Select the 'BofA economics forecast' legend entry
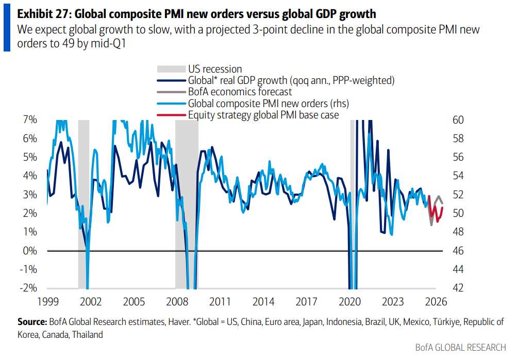[x=240, y=92]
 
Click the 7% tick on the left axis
[x=30, y=119]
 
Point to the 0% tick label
[x=30, y=251]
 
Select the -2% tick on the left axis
[x=29, y=288]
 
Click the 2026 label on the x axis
[x=436, y=302]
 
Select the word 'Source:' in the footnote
[x=32, y=322]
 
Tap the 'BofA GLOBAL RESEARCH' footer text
[x=460, y=348]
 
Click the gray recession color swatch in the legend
[x=170, y=69]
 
